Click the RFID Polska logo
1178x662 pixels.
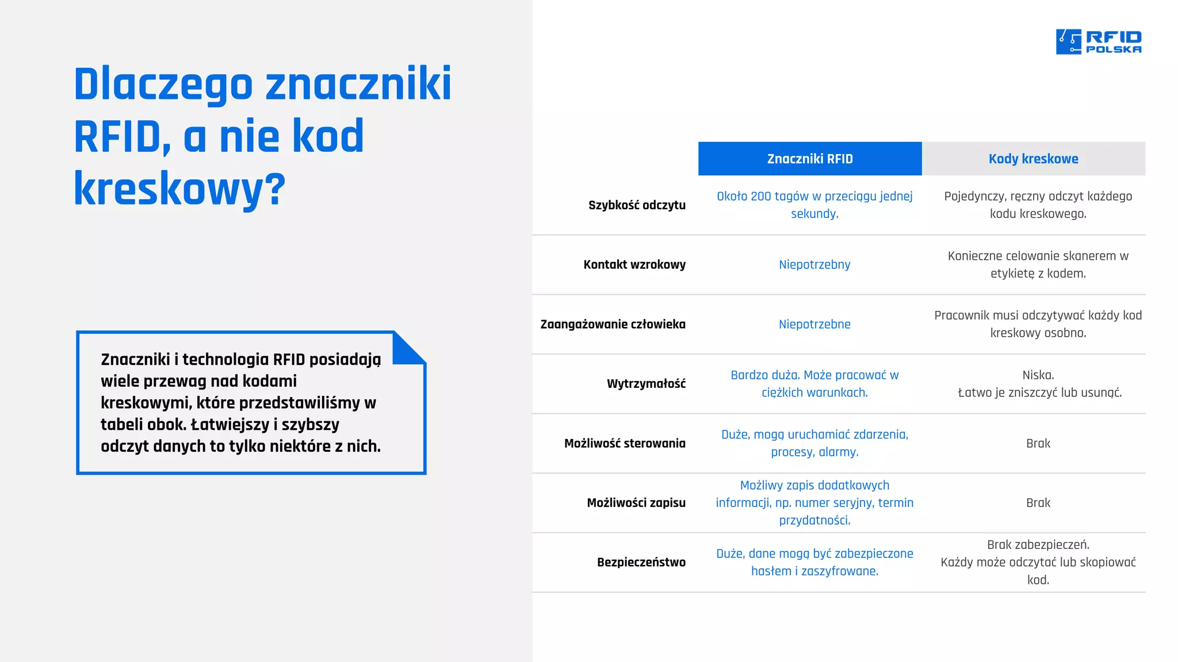point(1098,41)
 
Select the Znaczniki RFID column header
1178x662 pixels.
point(809,159)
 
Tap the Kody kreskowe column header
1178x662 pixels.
point(1033,159)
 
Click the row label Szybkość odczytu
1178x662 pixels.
point(637,205)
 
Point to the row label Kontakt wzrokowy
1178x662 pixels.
point(634,265)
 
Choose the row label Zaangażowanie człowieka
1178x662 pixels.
point(613,325)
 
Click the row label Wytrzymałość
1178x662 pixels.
point(646,384)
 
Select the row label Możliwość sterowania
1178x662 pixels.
point(625,444)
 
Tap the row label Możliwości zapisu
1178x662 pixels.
point(636,503)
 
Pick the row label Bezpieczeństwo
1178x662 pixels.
point(641,563)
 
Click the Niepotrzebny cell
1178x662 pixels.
point(814,265)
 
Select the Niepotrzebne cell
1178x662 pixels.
point(814,325)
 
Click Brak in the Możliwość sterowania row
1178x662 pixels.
point(1038,444)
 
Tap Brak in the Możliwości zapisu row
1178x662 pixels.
point(1038,503)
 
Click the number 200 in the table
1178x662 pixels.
point(760,197)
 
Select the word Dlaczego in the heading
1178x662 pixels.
point(163,84)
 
